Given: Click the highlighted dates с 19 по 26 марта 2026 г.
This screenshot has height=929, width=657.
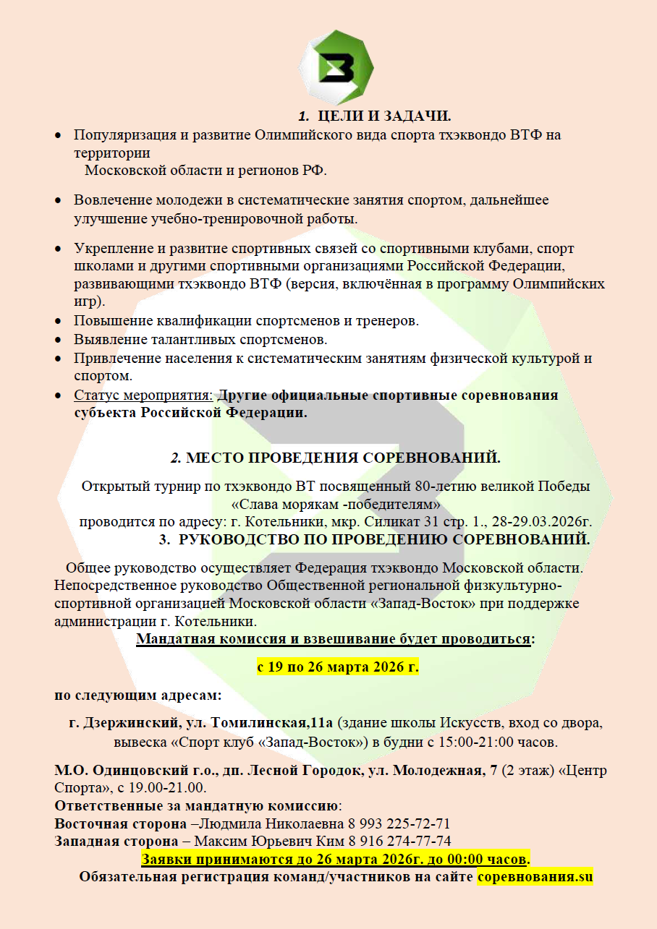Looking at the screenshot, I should (x=338, y=666).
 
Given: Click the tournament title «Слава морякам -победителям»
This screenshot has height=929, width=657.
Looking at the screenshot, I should (x=336, y=503).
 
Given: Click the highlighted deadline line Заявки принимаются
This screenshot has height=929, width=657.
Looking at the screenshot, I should (x=335, y=860).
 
